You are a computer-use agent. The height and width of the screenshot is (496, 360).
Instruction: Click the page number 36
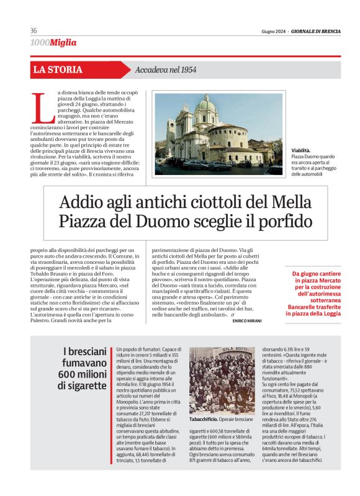pyautogui.click(x=34, y=31)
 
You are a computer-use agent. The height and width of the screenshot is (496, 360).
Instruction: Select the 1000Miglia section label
pyautogui.click(x=53, y=43)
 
